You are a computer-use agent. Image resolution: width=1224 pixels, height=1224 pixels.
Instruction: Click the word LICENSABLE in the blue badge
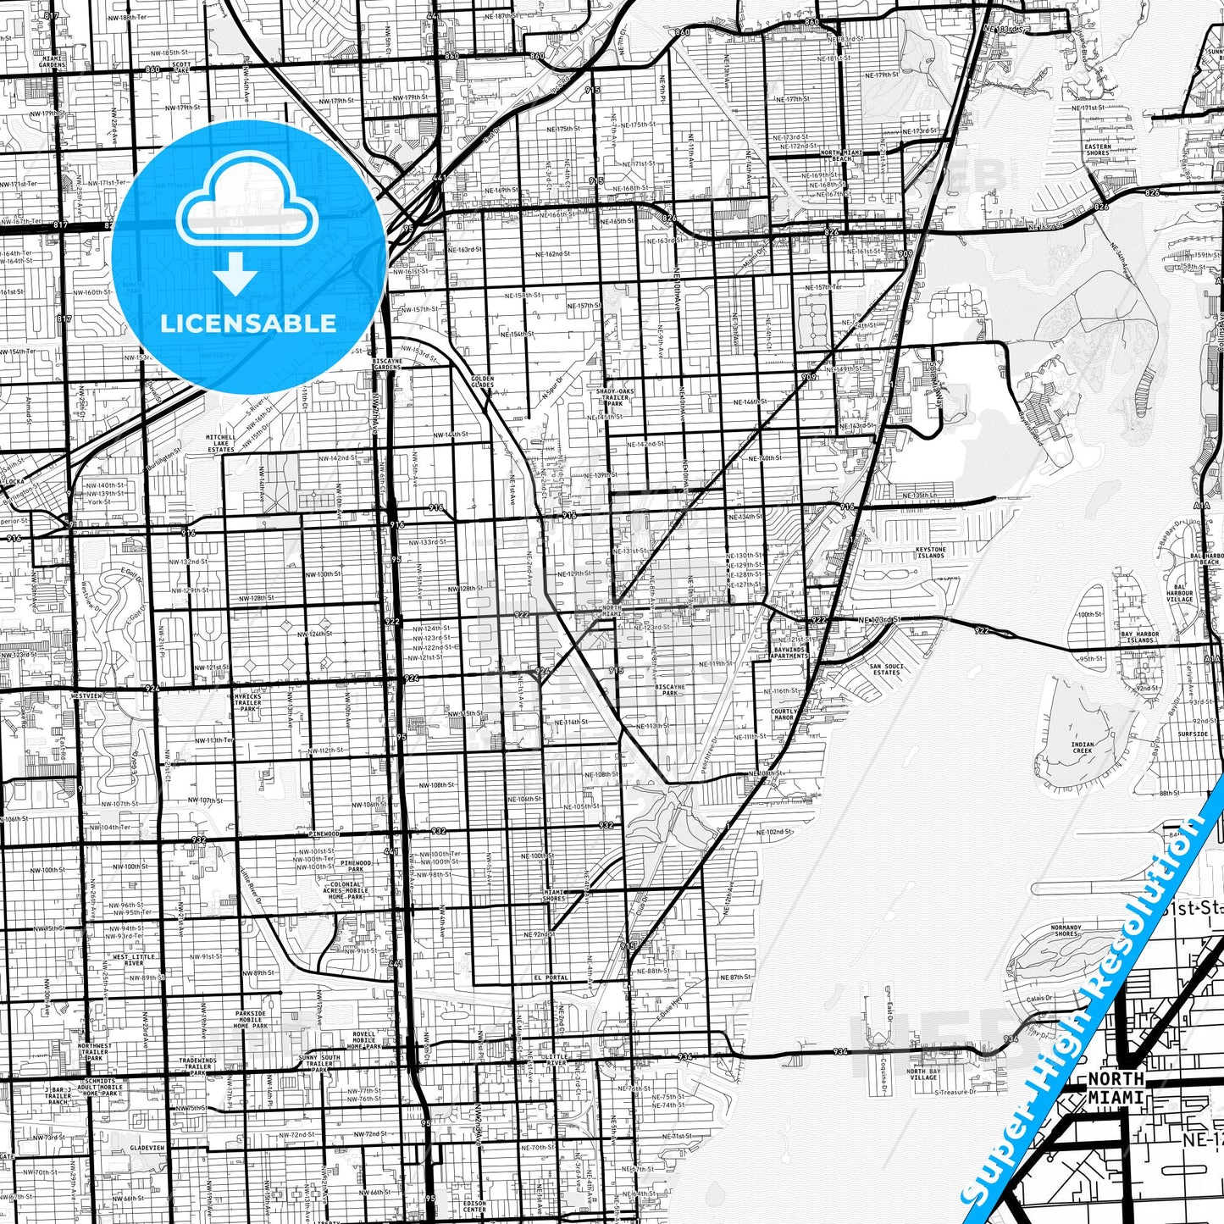(247, 324)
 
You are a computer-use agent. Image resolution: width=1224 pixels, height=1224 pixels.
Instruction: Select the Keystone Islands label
(930, 552)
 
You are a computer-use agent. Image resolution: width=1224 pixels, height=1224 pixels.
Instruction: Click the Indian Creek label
(1082, 748)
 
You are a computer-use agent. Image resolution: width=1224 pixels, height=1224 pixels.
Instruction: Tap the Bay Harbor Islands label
(1140, 637)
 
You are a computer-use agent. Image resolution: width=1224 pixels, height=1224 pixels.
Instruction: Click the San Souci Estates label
(886, 668)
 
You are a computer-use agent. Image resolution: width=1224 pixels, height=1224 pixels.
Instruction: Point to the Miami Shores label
(554, 895)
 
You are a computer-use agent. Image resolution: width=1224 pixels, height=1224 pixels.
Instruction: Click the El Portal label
(551, 978)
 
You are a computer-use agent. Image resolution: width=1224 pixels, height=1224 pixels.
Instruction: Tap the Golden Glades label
(482, 381)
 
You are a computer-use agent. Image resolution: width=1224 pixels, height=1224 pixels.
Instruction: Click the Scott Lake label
(181, 67)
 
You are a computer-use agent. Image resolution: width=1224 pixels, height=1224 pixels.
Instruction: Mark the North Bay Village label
(922, 1074)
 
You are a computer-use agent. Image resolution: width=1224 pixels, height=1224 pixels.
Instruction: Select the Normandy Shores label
(1065, 931)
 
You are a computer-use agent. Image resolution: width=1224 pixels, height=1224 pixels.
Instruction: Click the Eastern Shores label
(1097, 150)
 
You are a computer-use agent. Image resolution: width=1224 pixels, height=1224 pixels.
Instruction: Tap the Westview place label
(86, 695)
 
